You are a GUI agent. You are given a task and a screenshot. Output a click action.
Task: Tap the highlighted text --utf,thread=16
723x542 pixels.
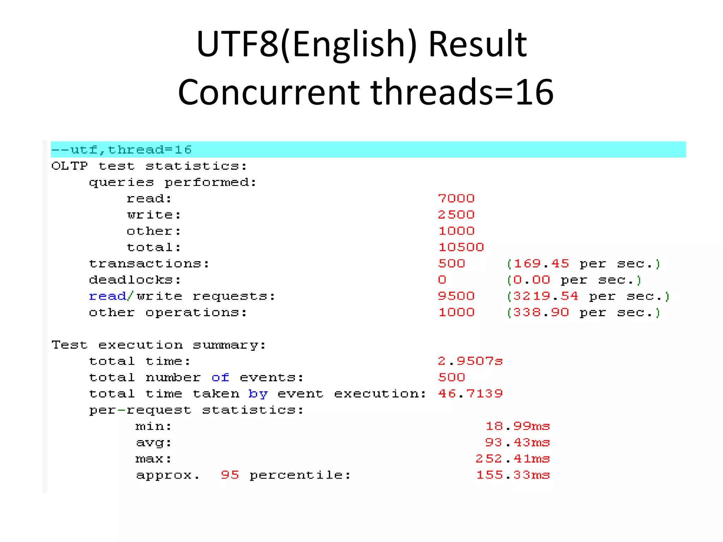pyautogui.click(x=121, y=150)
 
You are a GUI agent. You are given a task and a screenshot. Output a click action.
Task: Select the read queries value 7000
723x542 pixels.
pyautogui.click(x=456, y=198)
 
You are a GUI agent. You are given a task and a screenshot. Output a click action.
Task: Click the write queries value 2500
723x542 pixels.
pyautogui.click(x=456, y=215)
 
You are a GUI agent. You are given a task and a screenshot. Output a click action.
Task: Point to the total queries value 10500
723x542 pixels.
pyautogui.click(x=461, y=247)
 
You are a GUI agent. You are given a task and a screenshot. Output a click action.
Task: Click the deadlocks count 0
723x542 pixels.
pyautogui.click(x=442, y=280)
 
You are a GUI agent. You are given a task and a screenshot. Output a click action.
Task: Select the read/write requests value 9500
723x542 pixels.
pyautogui.click(x=456, y=296)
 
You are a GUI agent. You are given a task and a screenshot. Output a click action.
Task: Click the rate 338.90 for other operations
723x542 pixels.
pyautogui.click(x=541, y=312)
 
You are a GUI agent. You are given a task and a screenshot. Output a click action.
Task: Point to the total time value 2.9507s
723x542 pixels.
pyautogui.click(x=470, y=361)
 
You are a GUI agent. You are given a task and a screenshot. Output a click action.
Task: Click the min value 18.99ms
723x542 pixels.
pyautogui.click(x=518, y=426)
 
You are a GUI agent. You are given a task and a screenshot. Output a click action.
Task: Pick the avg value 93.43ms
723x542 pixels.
pyautogui.click(x=517, y=442)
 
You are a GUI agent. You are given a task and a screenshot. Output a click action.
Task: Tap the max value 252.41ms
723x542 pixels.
pyautogui.click(x=513, y=459)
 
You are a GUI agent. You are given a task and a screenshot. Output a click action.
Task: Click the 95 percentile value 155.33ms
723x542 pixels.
pyautogui.click(x=513, y=475)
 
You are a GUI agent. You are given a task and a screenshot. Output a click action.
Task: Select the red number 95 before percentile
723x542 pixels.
pyautogui.click(x=230, y=475)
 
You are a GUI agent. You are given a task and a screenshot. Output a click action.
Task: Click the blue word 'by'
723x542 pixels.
pyautogui.click(x=258, y=394)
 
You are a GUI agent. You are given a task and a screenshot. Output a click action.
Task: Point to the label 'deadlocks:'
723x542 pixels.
pyautogui.click(x=135, y=280)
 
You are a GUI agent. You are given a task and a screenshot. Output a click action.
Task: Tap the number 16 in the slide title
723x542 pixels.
pyautogui.click(x=534, y=92)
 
